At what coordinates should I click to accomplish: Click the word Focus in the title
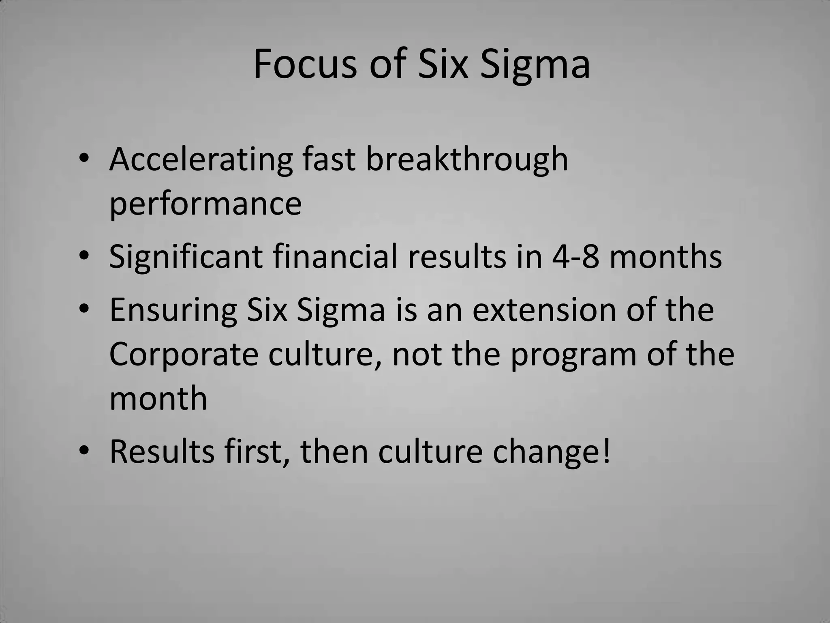[x=305, y=64]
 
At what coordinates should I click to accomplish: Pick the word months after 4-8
[x=665, y=256]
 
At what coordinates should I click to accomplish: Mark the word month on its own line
[x=158, y=399]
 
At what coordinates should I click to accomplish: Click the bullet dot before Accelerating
[x=84, y=159]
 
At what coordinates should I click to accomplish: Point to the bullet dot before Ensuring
[x=84, y=309]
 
